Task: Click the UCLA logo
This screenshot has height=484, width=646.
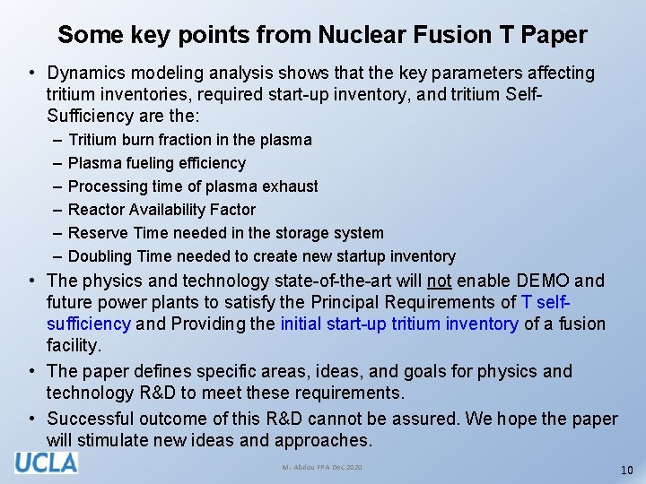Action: pos(46,462)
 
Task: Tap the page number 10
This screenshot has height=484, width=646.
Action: pos(626,471)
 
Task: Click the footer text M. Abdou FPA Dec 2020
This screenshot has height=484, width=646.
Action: pos(322,468)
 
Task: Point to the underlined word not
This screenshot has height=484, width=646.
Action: pos(439,281)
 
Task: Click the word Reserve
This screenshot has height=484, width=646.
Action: pos(97,233)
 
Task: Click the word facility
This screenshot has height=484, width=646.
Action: pos(74,345)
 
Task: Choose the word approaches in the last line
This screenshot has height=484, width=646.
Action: pos(323,440)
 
